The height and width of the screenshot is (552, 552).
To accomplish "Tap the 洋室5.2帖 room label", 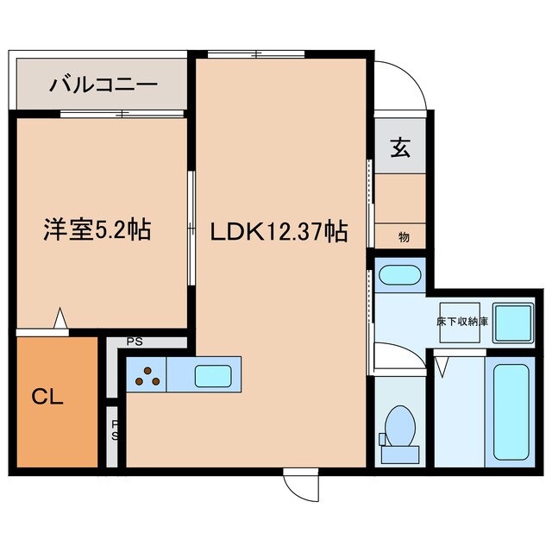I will pyautogui.click(x=97, y=230).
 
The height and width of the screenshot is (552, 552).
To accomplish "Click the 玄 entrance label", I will pyautogui.click(x=400, y=147).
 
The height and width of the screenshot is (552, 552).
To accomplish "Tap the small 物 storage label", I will pyautogui.click(x=403, y=235).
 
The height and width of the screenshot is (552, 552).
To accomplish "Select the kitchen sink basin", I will pyautogui.click(x=211, y=376).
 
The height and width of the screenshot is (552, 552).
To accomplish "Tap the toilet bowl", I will pyautogui.click(x=398, y=426).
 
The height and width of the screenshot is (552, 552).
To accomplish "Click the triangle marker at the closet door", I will pyautogui.click(x=60, y=318).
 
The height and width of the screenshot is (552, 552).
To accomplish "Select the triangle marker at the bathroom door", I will pyautogui.click(x=442, y=367).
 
